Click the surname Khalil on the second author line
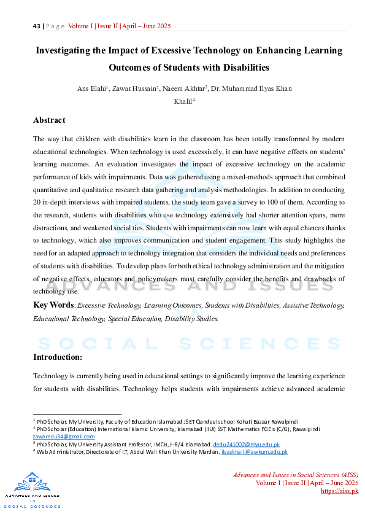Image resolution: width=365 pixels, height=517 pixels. coord(182,102)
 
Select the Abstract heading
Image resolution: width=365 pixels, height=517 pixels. coord(49,120)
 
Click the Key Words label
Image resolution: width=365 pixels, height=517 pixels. coord(53,305)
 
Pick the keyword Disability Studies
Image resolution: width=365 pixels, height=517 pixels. coord(191,319)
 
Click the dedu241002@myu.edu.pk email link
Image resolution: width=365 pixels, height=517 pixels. coord(246,444)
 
